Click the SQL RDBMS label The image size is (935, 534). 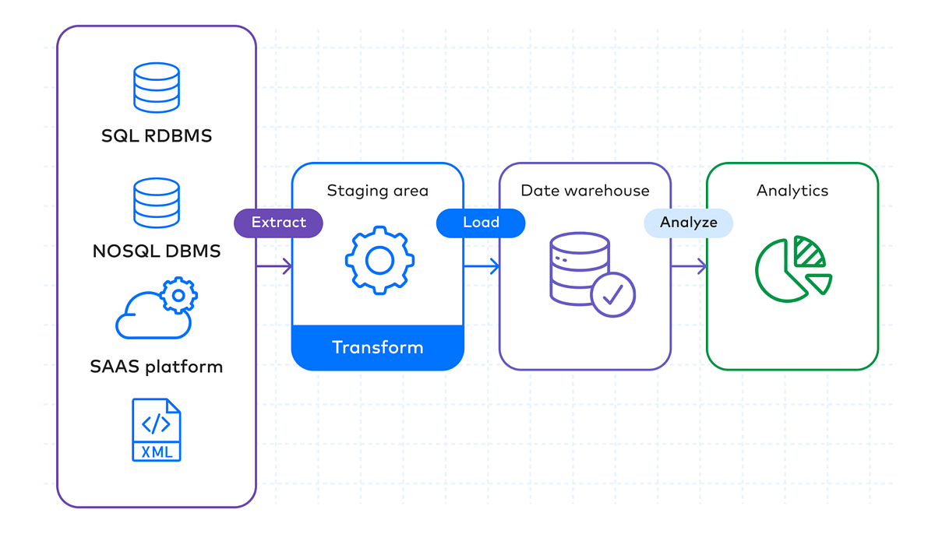click(157, 136)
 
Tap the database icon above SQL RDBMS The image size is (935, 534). click(157, 87)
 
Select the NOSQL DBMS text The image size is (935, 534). click(157, 251)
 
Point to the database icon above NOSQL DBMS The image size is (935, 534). click(157, 202)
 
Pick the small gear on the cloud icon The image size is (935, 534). click(179, 295)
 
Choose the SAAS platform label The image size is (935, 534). click(157, 367)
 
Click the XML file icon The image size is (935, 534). click(157, 430)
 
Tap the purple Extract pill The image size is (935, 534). click(278, 223)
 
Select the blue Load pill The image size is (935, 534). click(481, 223)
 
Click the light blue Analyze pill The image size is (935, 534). click(688, 223)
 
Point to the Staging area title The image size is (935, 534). click(377, 191)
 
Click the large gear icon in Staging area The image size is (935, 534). click(379, 260)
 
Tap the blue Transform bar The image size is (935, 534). click(377, 347)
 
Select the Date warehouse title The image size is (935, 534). click(584, 191)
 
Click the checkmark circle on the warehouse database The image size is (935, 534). click(613, 294)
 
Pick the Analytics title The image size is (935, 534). click(792, 191)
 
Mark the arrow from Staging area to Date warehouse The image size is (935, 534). click(482, 267)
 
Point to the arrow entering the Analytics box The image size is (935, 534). click(689, 267)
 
